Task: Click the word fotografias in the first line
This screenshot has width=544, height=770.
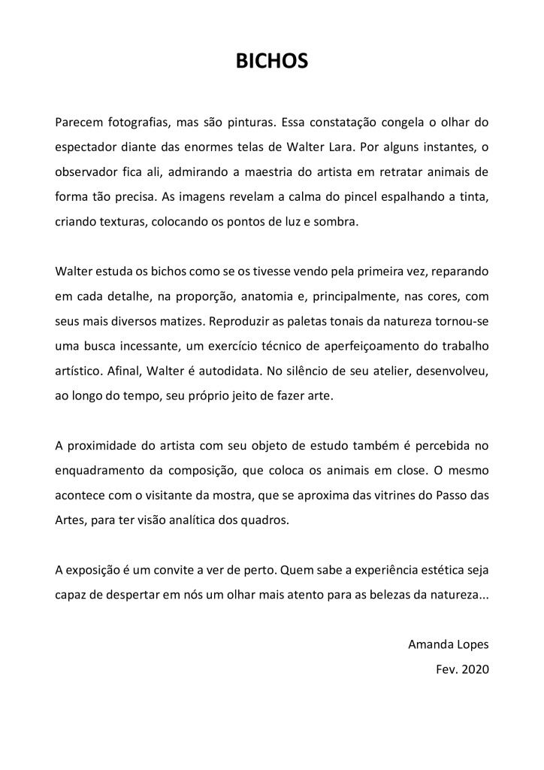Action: click(x=133, y=122)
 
